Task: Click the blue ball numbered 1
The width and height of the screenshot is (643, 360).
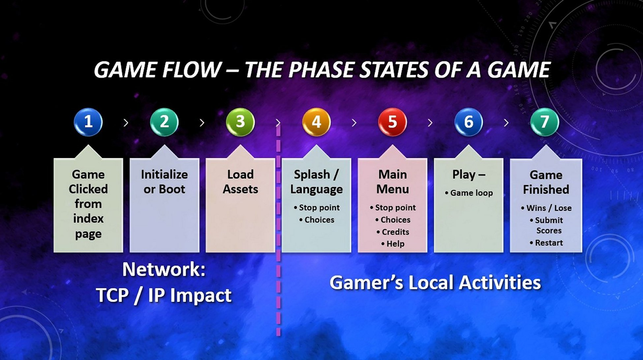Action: (x=88, y=122)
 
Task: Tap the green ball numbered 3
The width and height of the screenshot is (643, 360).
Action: (x=240, y=122)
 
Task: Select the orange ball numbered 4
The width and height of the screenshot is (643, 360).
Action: (x=317, y=122)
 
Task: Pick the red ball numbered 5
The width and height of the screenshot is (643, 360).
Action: (x=392, y=122)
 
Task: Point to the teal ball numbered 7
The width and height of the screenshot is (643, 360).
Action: (x=545, y=122)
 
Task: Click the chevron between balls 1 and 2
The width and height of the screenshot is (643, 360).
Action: (x=126, y=123)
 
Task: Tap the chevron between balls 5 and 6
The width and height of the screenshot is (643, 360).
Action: (x=430, y=123)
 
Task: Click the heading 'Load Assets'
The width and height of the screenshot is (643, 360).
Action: (x=240, y=182)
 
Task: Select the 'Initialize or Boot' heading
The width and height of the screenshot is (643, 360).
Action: (x=164, y=182)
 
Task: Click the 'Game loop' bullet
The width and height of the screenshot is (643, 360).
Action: (x=469, y=193)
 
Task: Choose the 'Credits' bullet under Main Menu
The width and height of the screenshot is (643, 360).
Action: (x=393, y=232)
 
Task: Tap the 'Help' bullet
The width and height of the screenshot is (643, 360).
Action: (x=393, y=244)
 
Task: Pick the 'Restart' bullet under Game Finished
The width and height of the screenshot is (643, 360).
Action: (x=546, y=243)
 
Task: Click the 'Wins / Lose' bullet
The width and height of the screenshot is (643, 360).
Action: (x=546, y=208)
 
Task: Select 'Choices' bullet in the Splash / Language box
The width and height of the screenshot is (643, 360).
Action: (x=317, y=220)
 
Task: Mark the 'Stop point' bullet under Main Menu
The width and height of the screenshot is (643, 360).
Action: (x=393, y=207)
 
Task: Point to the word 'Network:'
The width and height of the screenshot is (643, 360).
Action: (x=164, y=270)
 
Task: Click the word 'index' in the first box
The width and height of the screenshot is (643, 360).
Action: (x=88, y=218)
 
